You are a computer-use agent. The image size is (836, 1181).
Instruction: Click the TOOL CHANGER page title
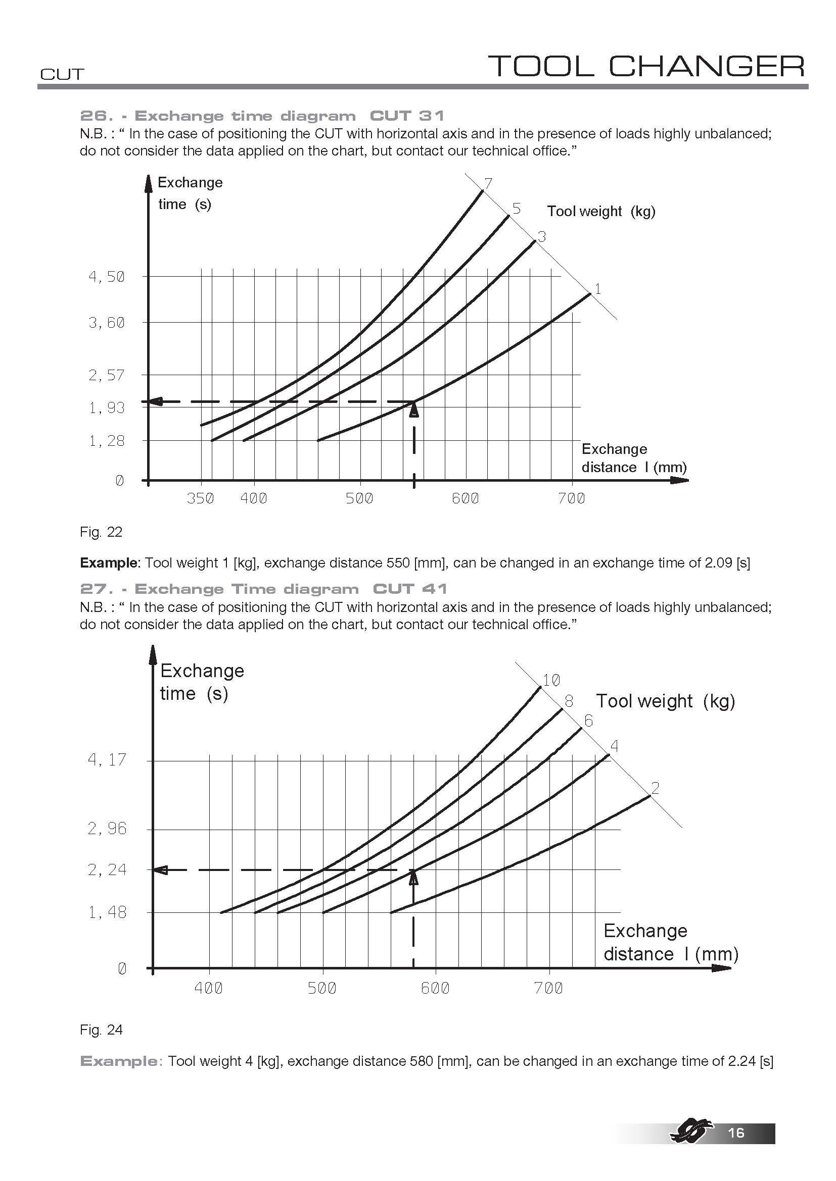coord(646,66)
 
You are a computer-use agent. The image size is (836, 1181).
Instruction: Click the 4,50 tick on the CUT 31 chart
coord(107,277)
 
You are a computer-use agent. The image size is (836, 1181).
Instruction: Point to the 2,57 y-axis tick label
coord(107,375)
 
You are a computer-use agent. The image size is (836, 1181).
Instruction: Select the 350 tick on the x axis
coord(200,498)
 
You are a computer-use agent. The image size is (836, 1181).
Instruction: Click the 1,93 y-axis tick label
coord(107,408)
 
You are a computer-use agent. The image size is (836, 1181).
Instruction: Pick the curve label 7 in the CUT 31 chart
coord(489,183)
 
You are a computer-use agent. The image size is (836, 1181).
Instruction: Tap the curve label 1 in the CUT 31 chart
coord(597,289)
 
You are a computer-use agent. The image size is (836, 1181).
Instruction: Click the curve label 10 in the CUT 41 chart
coord(551,680)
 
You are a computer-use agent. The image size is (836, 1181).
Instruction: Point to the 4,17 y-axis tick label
coord(107,759)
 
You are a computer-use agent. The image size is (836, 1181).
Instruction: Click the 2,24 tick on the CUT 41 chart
coord(107,870)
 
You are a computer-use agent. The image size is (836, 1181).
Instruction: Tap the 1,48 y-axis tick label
coord(107,912)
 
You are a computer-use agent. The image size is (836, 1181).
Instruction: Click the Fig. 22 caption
coord(101,532)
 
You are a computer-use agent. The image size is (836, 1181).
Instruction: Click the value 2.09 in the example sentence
coord(719,562)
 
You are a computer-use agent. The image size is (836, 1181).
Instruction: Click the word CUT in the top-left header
coord(62,74)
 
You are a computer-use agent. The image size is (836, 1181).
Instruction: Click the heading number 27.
coord(94,589)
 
